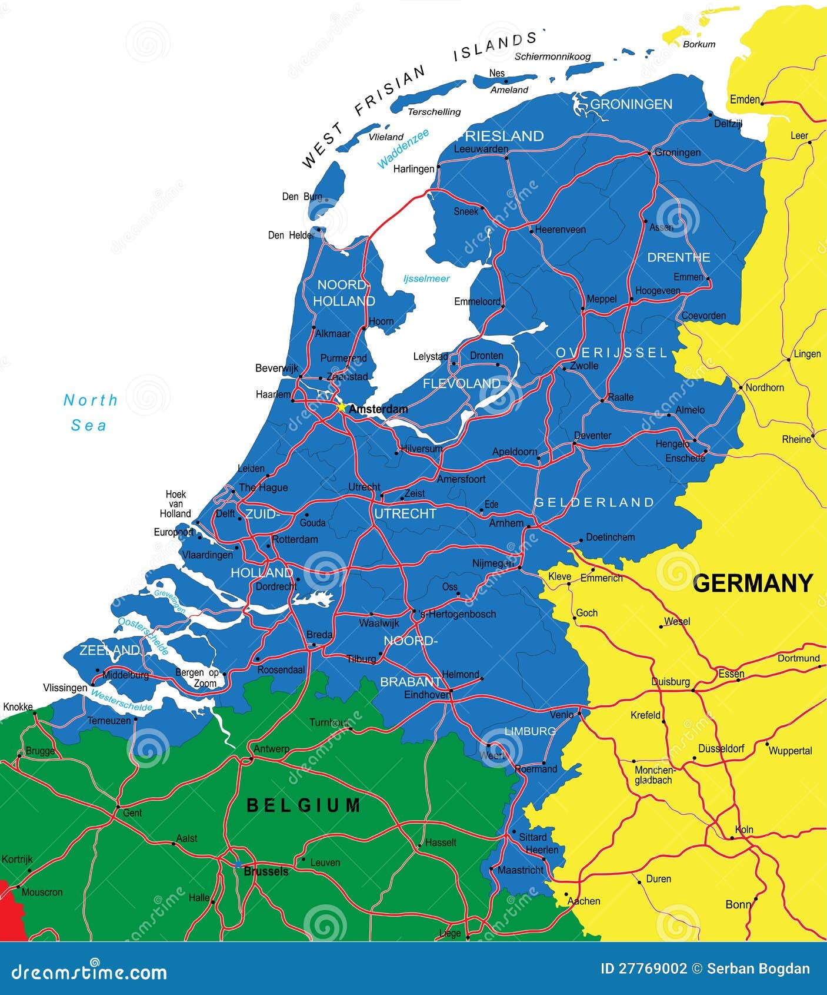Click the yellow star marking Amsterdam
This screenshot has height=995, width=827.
(341, 406)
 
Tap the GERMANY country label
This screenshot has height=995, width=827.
(752, 583)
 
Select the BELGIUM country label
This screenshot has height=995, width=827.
(303, 805)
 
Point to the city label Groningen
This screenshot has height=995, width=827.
(678, 152)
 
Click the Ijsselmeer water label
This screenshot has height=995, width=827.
(426, 278)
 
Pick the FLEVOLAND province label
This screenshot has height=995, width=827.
(462, 383)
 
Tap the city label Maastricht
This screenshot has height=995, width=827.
(520, 870)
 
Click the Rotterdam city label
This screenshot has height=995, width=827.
(295, 539)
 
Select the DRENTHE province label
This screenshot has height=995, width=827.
(679, 257)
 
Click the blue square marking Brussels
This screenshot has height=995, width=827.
(238, 865)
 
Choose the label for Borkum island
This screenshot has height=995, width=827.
(699, 44)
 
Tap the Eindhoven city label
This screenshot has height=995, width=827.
(427, 695)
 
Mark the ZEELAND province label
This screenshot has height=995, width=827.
(109, 650)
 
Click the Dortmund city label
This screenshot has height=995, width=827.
(799, 658)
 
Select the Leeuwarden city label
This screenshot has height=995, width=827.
(481, 149)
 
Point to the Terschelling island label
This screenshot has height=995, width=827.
(435, 112)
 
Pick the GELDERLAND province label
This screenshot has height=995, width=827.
(594, 502)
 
